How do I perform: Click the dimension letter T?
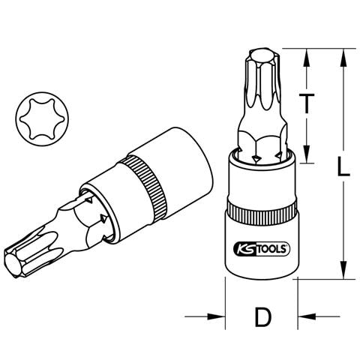307,103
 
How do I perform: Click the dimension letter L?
343,166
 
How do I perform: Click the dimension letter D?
263,317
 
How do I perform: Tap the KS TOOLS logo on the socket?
262,249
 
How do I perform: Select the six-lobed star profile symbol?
41,118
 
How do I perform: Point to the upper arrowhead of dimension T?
307,58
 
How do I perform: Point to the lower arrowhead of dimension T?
307,154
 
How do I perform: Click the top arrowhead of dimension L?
344,58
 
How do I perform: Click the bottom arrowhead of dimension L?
344,270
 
